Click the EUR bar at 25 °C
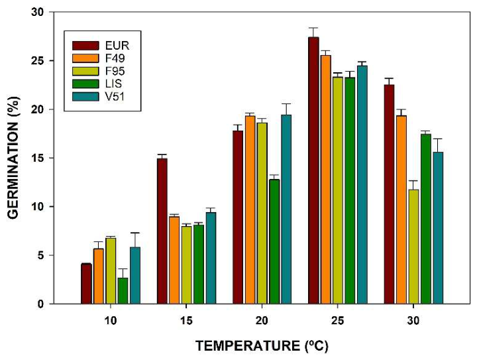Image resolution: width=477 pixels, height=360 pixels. (x=313, y=170)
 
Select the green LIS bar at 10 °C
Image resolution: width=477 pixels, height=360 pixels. (x=123, y=291)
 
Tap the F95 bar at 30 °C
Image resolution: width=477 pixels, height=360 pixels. (x=413, y=247)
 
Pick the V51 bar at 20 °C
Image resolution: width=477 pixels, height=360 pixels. (x=286, y=210)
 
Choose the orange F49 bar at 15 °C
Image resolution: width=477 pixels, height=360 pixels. (x=174, y=260)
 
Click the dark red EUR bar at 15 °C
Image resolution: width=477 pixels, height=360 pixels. (x=162, y=231)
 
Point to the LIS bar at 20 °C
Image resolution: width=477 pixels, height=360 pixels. (x=274, y=241)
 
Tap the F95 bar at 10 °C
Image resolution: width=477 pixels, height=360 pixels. (x=111, y=271)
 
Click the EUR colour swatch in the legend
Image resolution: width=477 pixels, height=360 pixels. (x=85, y=46)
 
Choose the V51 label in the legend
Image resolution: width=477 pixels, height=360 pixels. (x=115, y=97)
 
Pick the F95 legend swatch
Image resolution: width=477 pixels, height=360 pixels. (x=85, y=71)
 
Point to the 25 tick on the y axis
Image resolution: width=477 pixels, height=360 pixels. (x=51, y=60)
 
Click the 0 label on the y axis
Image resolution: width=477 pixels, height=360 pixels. (x=41, y=304)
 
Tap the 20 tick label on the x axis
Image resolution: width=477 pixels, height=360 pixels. (x=262, y=321)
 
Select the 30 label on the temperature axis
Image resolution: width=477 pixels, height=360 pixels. (x=413, y=321)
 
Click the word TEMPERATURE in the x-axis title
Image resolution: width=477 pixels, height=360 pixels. (x=248, y=346)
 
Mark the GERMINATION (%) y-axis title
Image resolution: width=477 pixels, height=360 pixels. (x=13, y=158)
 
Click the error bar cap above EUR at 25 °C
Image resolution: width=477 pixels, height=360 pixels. (x=313, y=28)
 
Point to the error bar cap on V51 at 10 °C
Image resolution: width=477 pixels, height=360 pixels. (x=135, y=233)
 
